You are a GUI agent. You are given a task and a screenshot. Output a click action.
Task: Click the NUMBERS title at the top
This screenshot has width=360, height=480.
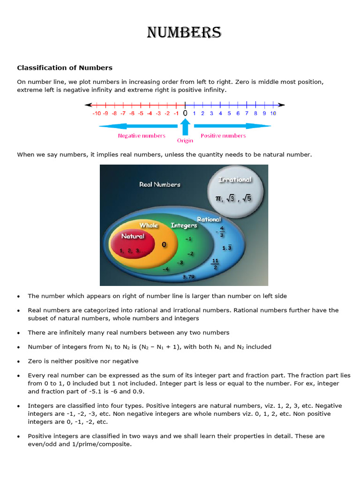184,32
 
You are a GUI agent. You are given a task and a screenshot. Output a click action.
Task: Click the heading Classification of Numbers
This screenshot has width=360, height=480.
65,68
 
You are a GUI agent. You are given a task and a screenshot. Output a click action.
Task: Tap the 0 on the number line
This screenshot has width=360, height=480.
185,113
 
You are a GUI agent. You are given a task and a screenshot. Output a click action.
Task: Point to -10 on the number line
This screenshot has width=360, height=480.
97,113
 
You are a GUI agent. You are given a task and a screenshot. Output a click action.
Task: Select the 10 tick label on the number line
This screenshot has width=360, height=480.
273,113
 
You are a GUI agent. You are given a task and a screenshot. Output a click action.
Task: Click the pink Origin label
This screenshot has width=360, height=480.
185,140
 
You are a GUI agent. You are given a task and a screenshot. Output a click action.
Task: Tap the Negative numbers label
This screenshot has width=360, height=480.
141,135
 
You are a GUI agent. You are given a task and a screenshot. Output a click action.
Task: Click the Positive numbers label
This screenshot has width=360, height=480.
223,135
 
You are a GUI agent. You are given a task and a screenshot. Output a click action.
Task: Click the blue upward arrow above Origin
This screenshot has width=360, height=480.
185,127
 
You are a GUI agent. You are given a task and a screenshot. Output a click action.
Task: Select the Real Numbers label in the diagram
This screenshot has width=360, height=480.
160,185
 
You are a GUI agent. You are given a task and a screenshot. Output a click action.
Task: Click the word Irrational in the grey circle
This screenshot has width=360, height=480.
235,180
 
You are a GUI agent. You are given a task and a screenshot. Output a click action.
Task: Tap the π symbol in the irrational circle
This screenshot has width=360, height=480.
217,199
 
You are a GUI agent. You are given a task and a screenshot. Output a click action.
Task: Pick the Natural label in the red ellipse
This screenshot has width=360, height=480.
133,236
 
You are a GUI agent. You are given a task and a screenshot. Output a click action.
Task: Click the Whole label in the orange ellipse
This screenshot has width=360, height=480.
149,225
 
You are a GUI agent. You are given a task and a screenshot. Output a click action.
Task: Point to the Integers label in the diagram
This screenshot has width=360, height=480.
184,225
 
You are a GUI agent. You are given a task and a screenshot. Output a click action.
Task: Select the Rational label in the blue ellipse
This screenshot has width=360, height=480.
209,219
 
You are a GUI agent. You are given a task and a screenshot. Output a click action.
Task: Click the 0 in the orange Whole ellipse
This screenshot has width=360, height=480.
164,245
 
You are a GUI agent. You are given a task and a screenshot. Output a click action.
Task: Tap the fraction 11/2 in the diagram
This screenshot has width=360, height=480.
216,264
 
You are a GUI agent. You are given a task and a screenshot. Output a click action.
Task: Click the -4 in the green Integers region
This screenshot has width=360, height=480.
165,270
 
